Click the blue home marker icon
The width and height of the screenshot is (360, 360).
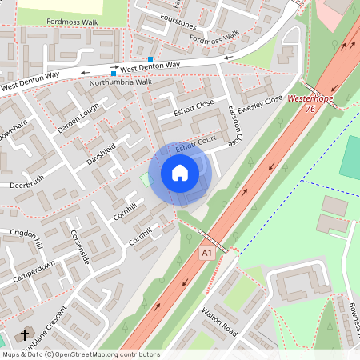coord(180,172)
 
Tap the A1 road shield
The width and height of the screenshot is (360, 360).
coord(207,253)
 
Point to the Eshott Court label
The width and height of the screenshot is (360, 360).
coord(196,143)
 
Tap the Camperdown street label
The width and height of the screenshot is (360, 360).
coord(34,270)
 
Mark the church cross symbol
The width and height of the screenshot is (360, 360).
coord(24,334)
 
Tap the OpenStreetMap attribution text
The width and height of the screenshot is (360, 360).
coord(81,354)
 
